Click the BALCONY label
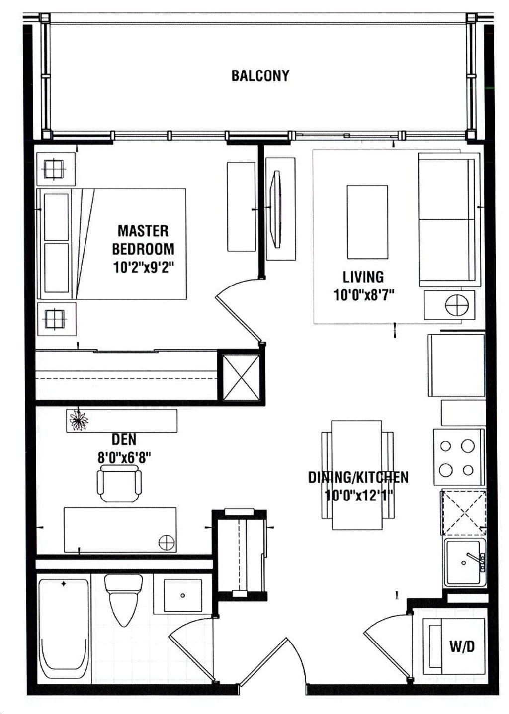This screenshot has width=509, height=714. click(x=260, y=76)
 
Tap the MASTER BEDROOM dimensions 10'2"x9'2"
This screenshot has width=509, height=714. click(x=143, y=268)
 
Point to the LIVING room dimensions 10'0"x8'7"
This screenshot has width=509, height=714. click(x=363, y=295)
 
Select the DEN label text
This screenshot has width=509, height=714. click(x=124, y=439)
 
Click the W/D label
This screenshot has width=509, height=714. click(x=462, y=646)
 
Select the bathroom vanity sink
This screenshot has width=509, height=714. click(x=182, y=595)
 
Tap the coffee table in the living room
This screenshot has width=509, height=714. click(x=367, y=222)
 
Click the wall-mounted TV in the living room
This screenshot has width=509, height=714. click(x=275, y=209)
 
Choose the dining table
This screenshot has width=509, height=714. click(x=357, y=475)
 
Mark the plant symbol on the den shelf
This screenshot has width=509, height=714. click(x=78, y=421)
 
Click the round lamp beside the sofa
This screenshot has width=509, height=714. click(x=457, y=305)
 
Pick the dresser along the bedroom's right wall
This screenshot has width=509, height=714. click(x=241, y=207)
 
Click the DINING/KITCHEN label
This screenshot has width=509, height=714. click(x=358, y=477)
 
